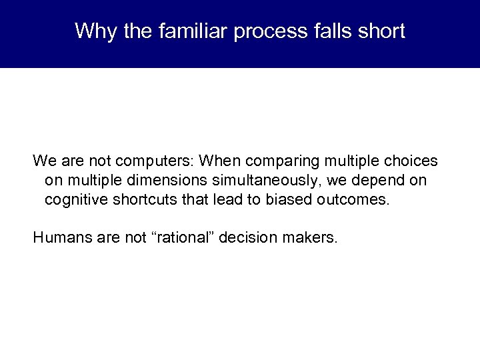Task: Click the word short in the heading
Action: (382, 31)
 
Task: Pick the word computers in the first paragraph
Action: (156, 161)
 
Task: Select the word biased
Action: (290, 200)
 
